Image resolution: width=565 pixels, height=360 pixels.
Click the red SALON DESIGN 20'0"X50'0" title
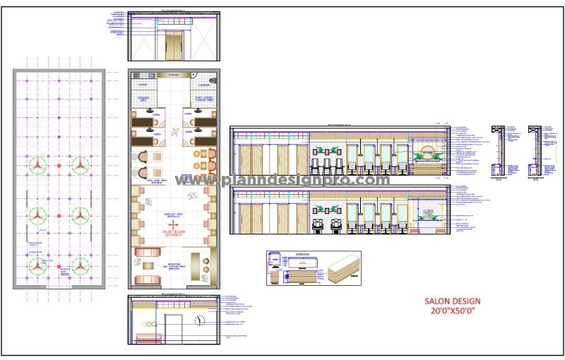[x=449, y=305]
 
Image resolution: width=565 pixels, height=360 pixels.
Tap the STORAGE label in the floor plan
[x=173, y=74]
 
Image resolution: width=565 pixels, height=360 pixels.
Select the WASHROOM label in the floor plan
[x=204, y=85]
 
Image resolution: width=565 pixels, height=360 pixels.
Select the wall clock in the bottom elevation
[x=199, y=320]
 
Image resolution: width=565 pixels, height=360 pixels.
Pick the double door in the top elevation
[x=172, y=46]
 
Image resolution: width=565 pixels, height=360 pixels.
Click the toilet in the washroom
[x=206, y=74]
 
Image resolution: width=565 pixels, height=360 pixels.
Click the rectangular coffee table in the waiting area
[x=148, y=265]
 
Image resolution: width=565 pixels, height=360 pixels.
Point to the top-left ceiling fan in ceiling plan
[x=38, y=165]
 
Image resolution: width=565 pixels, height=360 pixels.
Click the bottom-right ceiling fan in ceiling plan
[x=80, y=266]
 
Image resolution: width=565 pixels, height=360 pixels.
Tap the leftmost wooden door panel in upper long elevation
[x=246, y=159]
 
